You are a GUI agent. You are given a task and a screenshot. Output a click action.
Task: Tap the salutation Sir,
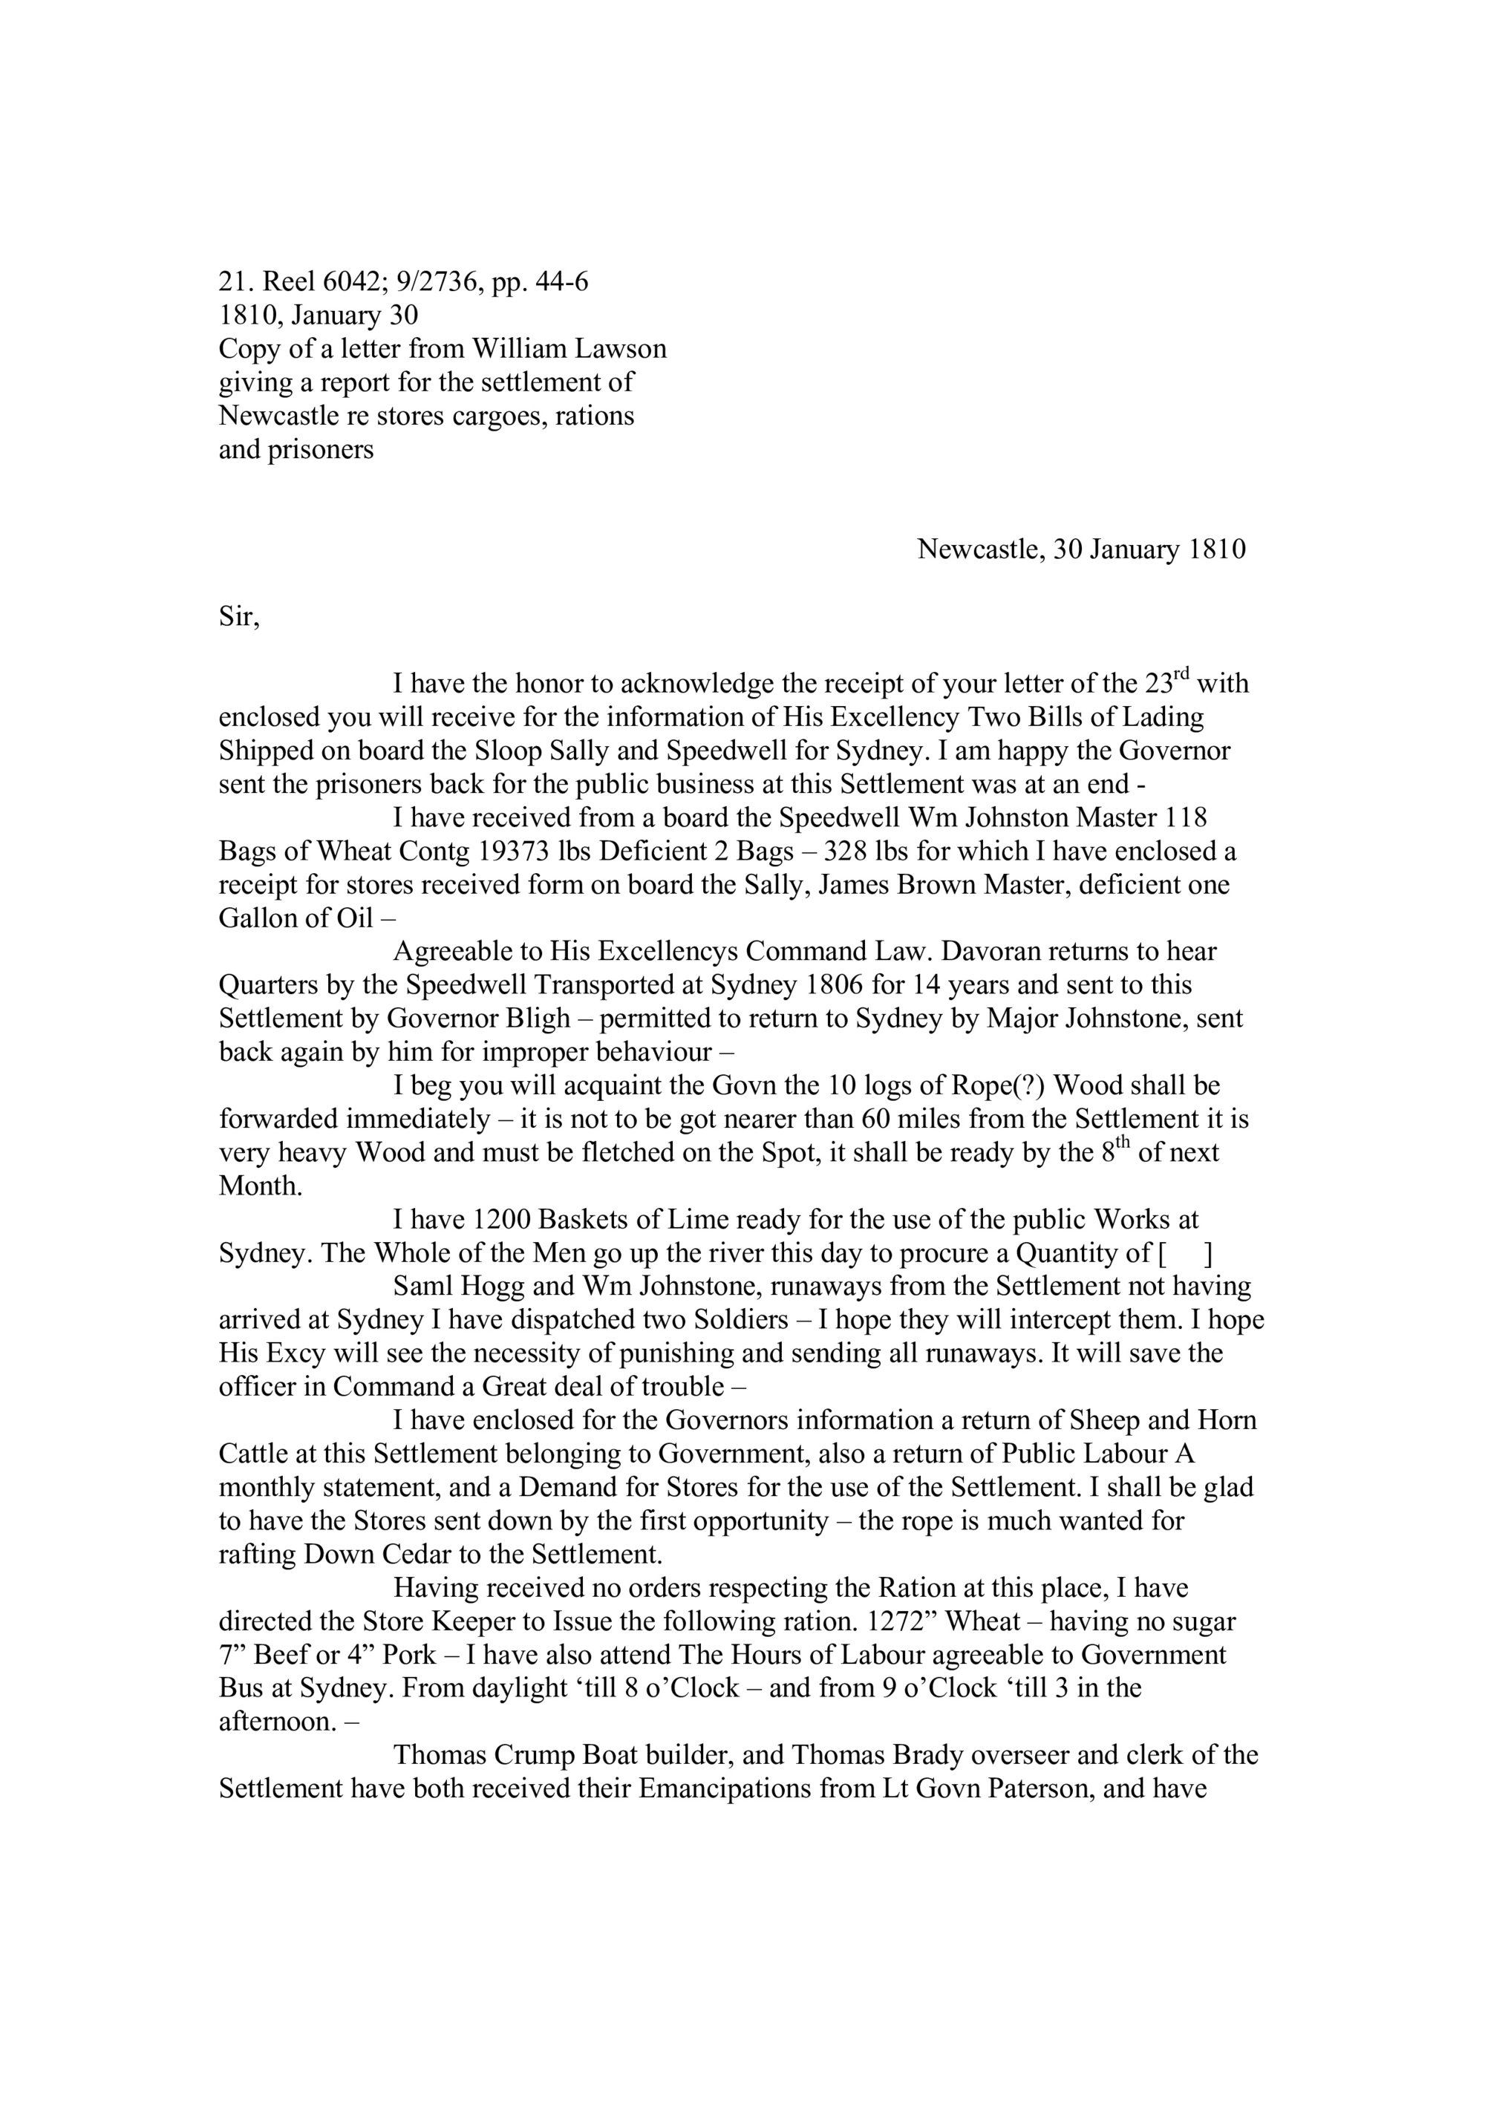coord(239,617)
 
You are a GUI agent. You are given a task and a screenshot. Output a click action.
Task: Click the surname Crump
coord(535,1755)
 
